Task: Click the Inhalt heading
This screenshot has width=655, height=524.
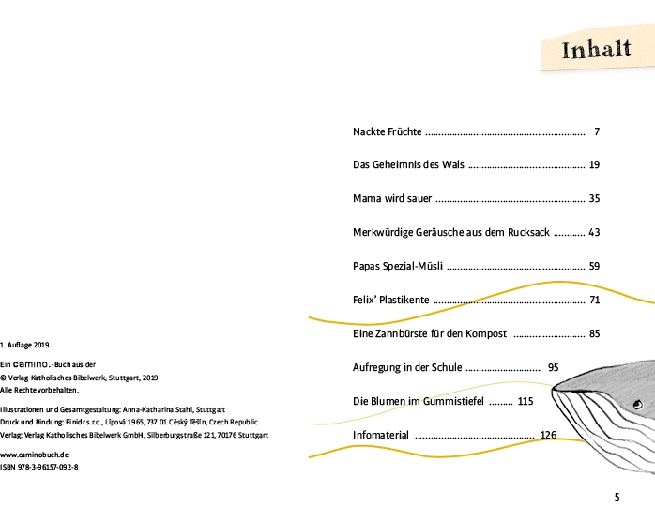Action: pos(596,50)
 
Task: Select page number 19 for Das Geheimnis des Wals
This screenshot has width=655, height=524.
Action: pos(594,164)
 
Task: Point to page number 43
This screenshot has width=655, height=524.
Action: pos(594,232)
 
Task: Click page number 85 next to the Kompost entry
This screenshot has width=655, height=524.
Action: pos(594,333)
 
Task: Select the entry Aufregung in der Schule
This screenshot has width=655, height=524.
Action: pos(407,367)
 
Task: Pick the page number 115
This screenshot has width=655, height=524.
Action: pos(525,401)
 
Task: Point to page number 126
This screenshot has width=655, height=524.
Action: pos(549,435)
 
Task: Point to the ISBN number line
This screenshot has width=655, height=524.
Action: pos(39,466)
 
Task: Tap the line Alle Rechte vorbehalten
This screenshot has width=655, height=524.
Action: pos(39,389)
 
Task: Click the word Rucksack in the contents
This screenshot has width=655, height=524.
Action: pos(529,232)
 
